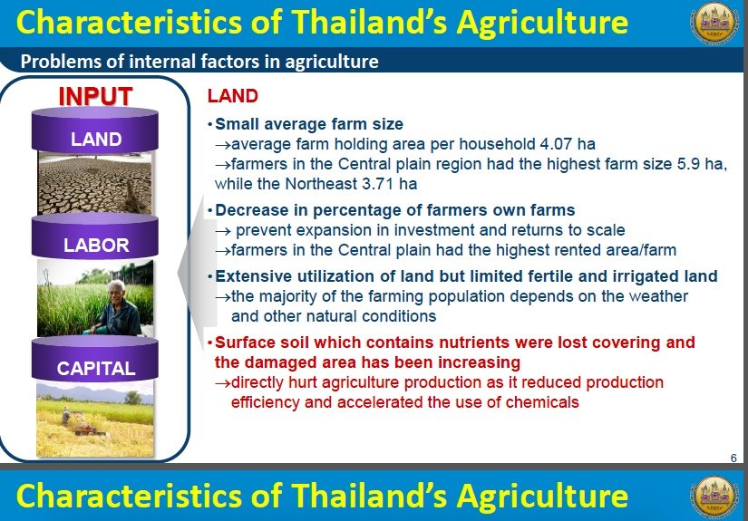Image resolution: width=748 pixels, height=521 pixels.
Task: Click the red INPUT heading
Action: coord(95,96)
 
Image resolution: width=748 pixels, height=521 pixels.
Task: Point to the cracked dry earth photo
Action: coord(95,183)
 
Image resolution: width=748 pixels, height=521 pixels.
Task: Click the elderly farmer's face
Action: coord(116,291)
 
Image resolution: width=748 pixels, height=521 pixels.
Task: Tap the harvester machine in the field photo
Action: coord(85,425)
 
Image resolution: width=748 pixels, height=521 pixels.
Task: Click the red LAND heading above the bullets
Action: coord(233,96)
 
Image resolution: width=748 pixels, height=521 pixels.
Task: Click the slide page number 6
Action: coord(733,458)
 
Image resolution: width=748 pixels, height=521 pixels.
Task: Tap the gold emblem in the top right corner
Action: coord(714,23)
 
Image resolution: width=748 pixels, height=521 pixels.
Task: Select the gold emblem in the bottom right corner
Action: coord(714,497)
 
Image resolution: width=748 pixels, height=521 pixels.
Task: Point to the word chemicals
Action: coord(542,402)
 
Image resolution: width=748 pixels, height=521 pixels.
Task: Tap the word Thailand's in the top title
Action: coord(369,22)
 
